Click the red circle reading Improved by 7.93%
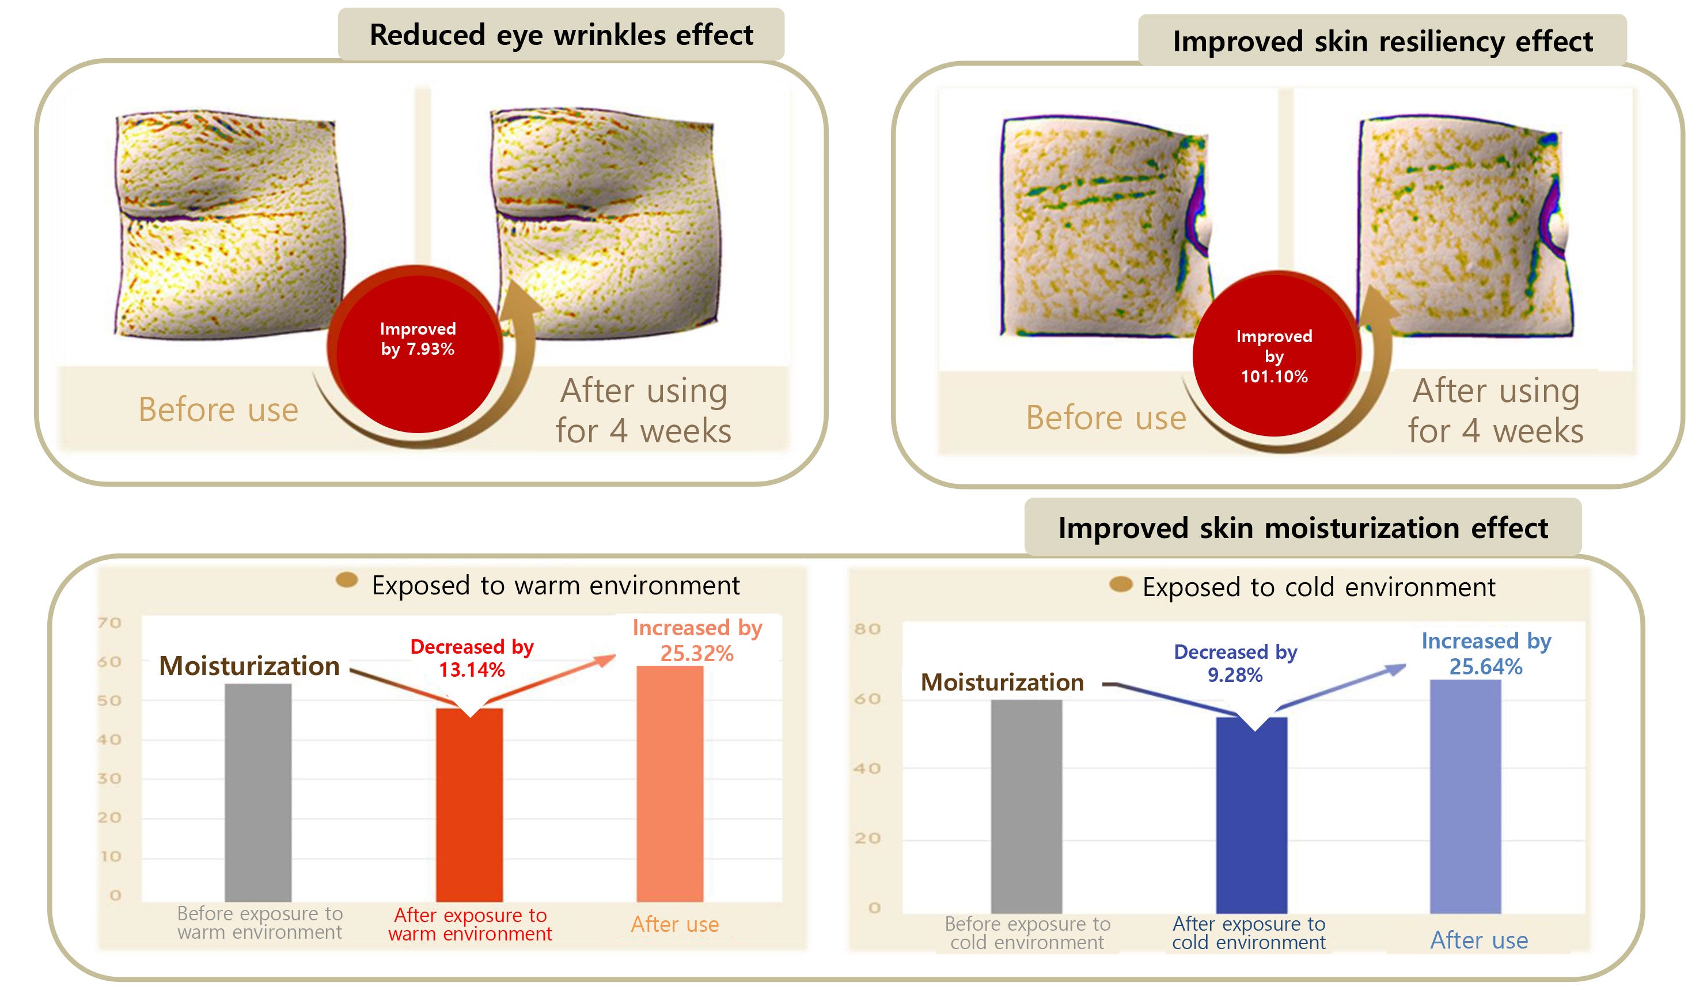click(417, 348)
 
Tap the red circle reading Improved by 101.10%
click(1274, 355)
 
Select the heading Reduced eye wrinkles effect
click(561, 35)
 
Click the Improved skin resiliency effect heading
click(1382, 41)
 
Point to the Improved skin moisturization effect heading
click(1302, 528)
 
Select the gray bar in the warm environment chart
click(257, 792)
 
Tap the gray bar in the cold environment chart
click(1026, 806)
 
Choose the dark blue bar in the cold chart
click(1251, 814)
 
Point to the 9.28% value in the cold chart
click(1235, 674)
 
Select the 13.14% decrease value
click(472, 670)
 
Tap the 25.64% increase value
click(1485, 667)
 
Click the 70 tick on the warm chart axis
click(109, 623)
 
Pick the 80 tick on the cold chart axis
click(867, 629)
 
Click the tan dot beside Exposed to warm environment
click(347, 580)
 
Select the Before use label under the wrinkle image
click(218, 409)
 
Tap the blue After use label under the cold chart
click(1478, 940)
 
